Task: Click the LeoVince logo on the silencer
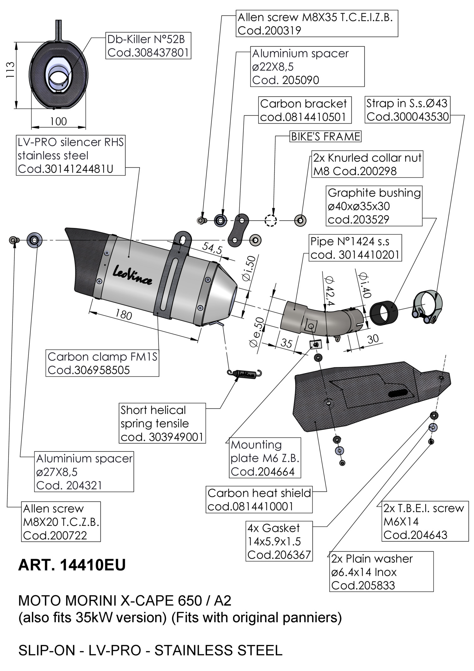132,275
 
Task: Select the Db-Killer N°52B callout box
148,46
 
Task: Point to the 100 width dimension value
58,121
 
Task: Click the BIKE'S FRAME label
325,137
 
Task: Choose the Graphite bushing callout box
374,206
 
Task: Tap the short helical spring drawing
245,373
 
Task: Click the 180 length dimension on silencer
123,314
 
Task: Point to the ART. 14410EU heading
72,565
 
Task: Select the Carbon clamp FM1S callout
102,363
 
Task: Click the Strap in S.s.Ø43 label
407,110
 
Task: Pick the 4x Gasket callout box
279,541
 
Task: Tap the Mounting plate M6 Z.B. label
265,458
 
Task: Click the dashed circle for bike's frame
270,220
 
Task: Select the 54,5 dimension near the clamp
212,248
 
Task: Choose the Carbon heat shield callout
259,500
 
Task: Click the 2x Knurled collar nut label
367,164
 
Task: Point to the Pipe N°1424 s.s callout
355,248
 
